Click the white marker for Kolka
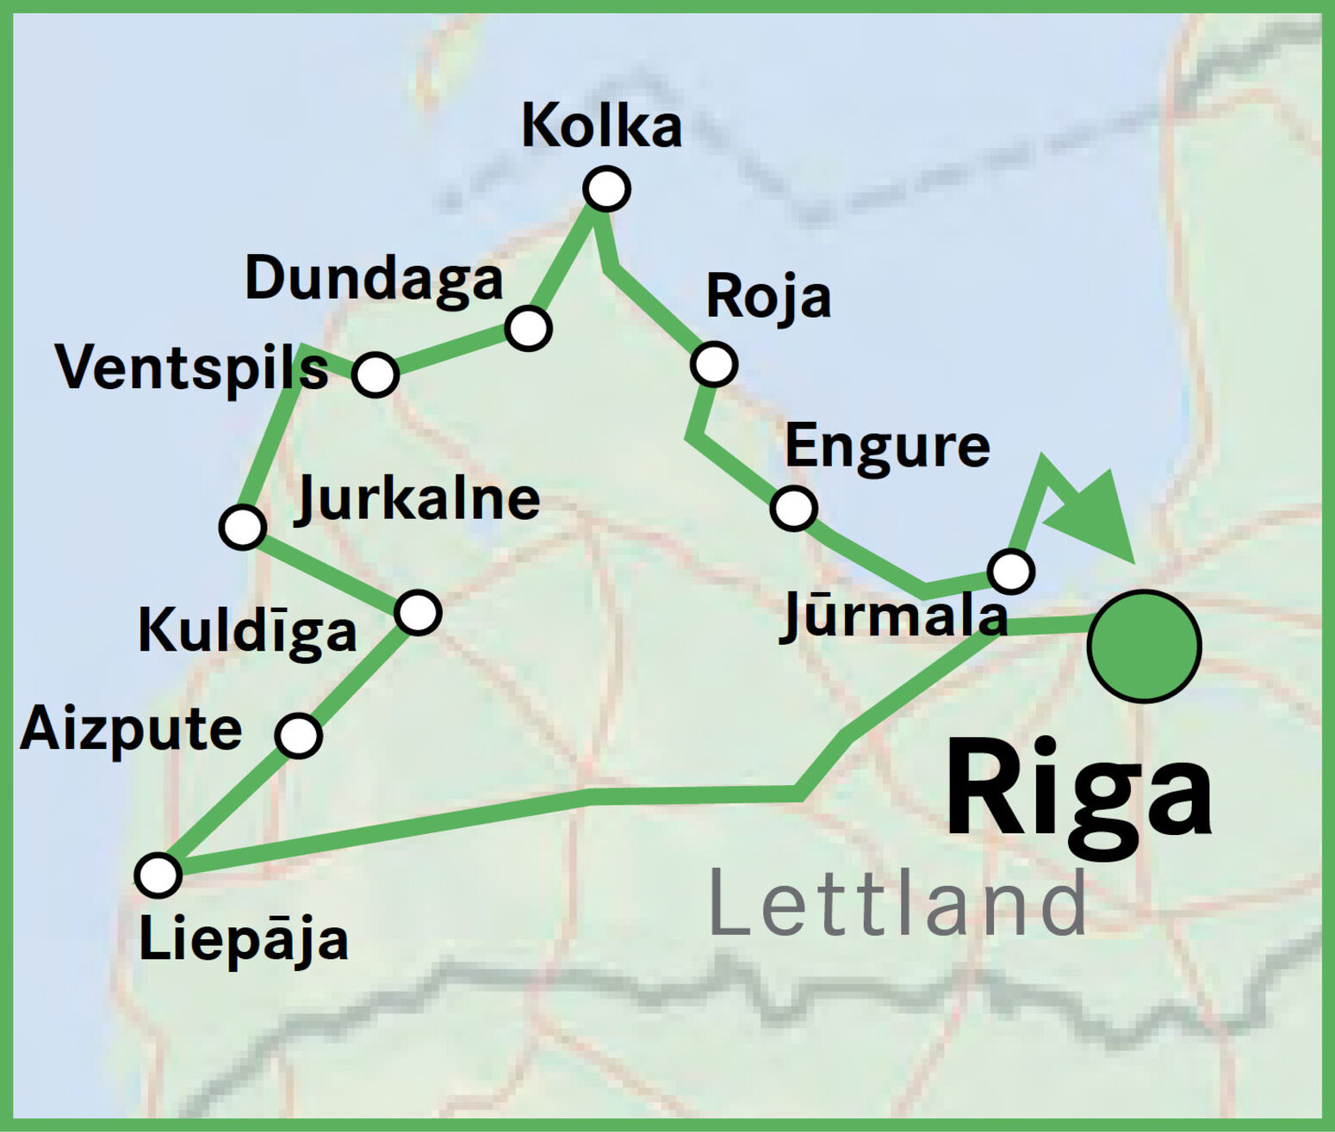pyautogui.click(x=606, y=189)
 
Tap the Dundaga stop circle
pyautogui.click(x=528, y=328)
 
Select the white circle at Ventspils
pyautogui.click(x=375, y=374)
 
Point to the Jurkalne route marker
pyautogui.click(x=243, y=526)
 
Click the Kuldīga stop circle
pyautogui.click(x=418, y=612)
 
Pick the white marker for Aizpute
pyautogui.click(x=298, y=734)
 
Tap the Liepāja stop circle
pyautogui.click(x=158, y=875)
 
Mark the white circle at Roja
pyautogui.click(x=713, y=363)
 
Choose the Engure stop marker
pyautogui.click(x=793, y=507)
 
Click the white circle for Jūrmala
pyautogui.click(x=1011, y=570)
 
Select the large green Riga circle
pyautogui.click(x=1144, y=646)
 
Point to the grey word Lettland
pyautogui.click(x=897, y=905)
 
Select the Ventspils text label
pyautogui.click(x=191, y=368)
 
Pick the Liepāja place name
pyautogui.click(x=244, y=939)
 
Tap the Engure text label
pyautogui.click(x=887, y=447)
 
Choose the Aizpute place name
pyautogui.click(x=131, y=730)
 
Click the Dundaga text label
pyautogui.click(x=374, y=279)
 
